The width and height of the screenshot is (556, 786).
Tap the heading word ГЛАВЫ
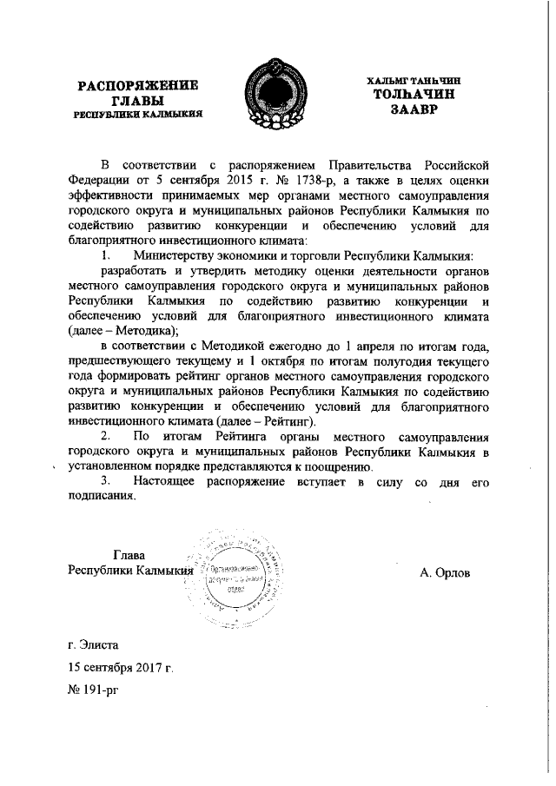(139, 101)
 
